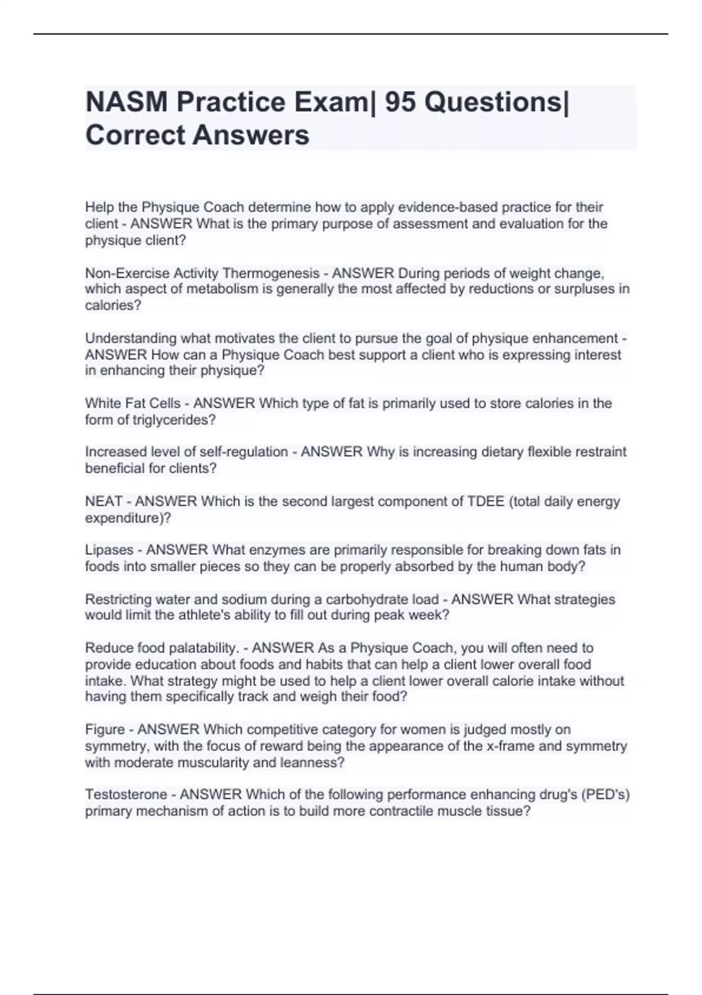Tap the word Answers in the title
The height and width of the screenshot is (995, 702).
pyautogui.click(x=251, y=135)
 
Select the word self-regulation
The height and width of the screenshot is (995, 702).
pyautogui.click(x=244, y=452)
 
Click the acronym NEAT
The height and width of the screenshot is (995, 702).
pyautogui.click(x=104, y=502)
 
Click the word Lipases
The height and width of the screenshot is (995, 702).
pyautogui.click(x=109, y=550)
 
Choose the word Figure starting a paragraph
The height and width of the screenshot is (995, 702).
pyautogui.click(x=105, y=730)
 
